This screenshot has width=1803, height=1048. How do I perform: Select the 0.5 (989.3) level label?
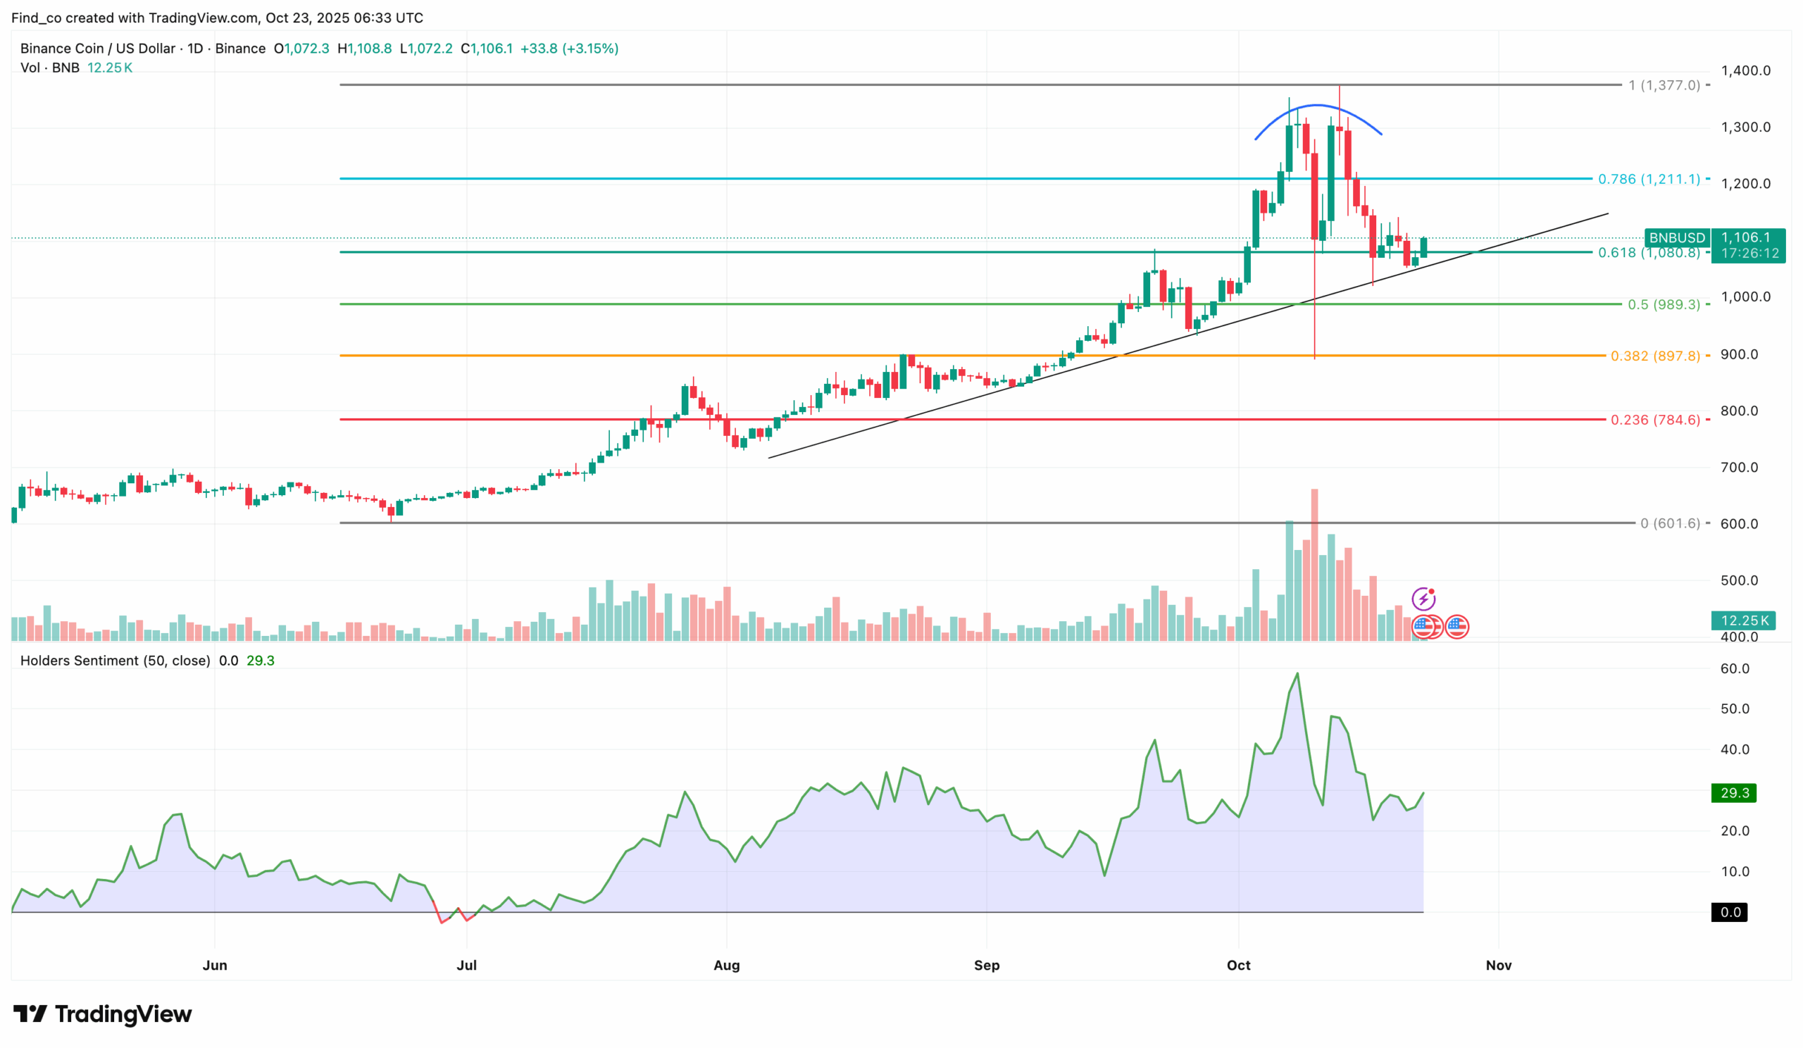pos(1663,305)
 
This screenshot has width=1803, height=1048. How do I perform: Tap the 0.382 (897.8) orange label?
pos(1654,356)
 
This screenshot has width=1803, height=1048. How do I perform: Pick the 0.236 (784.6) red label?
pos(1654,420)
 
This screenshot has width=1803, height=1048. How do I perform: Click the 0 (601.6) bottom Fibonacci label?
pos(1669,523)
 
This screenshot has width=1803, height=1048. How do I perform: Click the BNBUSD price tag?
pos(1676,237)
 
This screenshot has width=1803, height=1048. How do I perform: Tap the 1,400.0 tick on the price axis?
pos(1745,71)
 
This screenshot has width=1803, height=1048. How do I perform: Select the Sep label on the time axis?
pos(986,965)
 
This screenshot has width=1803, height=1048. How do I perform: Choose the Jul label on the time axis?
pos(466,965)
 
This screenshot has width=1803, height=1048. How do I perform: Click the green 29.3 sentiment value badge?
pos(1733,792)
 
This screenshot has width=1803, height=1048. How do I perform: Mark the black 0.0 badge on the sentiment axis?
pos(1729,912)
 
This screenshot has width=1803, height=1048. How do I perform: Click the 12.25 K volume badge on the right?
pos(1744,620)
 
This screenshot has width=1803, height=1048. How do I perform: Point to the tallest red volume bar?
pos(1314,565)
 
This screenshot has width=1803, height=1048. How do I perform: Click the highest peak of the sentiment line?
pos(1297,674)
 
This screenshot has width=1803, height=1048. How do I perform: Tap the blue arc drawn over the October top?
pos(1317,106)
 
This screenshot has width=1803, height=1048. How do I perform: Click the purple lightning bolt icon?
pos(1423,599)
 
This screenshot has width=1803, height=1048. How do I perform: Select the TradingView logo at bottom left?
pos(102,1013)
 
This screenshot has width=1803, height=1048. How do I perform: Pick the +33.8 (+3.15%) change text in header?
pos(569,49)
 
